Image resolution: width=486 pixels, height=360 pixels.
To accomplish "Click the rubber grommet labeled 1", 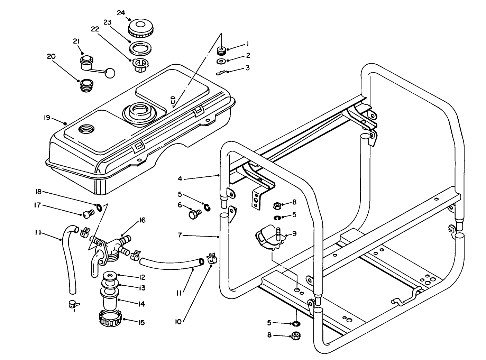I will pos(221,52).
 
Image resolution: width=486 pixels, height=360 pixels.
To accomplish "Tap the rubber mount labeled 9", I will pos(268,239).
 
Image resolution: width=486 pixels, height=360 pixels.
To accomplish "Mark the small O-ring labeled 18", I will pos(99,207).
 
